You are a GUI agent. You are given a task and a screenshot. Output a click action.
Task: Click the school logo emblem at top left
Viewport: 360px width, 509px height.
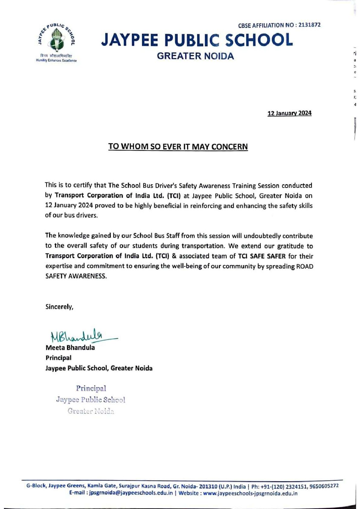57,39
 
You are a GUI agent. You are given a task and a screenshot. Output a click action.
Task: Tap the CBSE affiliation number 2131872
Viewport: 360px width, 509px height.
309,25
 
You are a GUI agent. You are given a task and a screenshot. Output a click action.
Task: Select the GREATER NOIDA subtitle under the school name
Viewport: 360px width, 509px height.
196,56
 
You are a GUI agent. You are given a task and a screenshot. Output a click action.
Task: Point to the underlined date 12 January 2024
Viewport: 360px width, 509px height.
290,113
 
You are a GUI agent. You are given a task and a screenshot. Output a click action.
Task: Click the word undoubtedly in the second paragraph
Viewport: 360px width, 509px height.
262,236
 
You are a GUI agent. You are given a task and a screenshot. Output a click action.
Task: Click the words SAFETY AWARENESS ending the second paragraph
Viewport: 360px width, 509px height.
76,277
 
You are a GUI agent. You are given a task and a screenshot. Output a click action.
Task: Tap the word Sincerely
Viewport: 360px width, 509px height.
59,307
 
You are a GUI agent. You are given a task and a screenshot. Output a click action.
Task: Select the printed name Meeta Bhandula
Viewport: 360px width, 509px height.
70,348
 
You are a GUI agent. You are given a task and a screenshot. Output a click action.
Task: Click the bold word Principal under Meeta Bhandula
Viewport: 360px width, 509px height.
58,358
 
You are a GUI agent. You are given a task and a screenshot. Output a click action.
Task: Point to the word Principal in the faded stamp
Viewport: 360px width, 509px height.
91,388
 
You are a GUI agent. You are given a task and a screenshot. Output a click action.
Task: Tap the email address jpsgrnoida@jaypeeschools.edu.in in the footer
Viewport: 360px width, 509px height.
131,494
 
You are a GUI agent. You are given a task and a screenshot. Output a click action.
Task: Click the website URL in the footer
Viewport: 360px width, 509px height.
250,494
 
